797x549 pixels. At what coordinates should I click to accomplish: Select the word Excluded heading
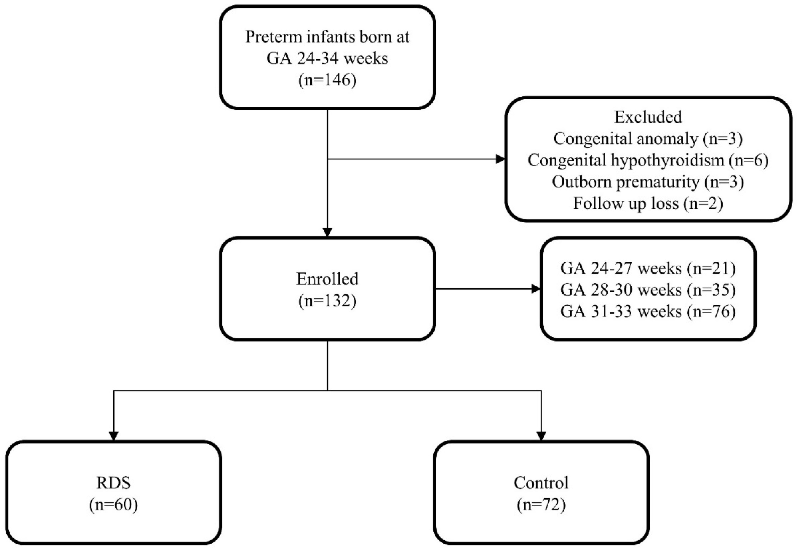648,117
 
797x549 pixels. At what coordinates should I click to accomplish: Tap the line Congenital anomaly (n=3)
648,139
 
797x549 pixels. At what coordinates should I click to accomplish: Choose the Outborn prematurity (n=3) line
648,182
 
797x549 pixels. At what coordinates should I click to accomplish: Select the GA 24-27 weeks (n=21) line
648,268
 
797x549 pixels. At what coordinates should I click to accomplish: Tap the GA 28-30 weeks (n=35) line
648,290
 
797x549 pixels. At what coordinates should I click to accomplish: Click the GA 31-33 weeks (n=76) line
648,311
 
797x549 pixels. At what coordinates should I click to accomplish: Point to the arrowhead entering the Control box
541,436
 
